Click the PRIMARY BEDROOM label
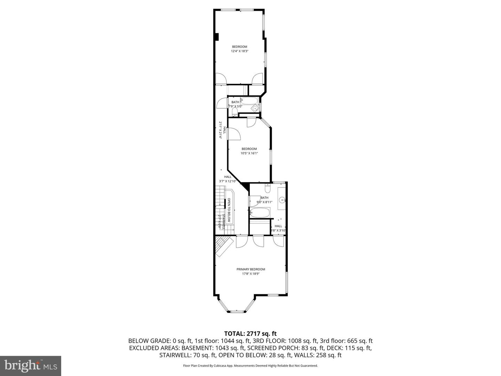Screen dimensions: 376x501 [250, 269]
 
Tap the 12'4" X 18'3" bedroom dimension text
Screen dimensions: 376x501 [239, 51]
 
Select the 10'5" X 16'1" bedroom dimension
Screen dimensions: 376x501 [249, 153]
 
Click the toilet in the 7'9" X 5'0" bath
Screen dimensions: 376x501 [235, 112]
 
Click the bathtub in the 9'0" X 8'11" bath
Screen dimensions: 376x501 [260, 212]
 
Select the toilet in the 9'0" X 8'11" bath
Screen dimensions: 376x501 [267, 188]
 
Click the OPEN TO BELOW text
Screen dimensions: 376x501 [229, 210]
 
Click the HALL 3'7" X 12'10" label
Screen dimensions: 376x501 [228, 179]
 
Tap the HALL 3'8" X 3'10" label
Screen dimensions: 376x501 [278, 228]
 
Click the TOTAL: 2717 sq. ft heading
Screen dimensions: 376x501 [250, 334]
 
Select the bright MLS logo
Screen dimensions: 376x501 [31, 366]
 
